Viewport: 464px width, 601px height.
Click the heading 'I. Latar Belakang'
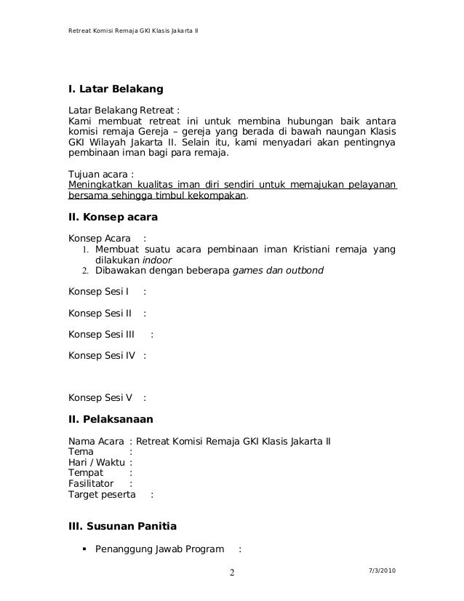[x=115, y=90]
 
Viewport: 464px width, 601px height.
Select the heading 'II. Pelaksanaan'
[x=110, y=418]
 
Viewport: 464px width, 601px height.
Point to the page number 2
[x=232, y=573]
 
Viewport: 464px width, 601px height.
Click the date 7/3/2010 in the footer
[x=382, y=569]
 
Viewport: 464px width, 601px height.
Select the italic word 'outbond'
[x=303, y=271]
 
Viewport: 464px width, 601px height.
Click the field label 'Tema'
[x=80, y=450]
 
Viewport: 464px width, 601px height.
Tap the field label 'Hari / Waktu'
[x=95, y=461]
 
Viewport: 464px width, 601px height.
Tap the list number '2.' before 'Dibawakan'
[x=85, y=272]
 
